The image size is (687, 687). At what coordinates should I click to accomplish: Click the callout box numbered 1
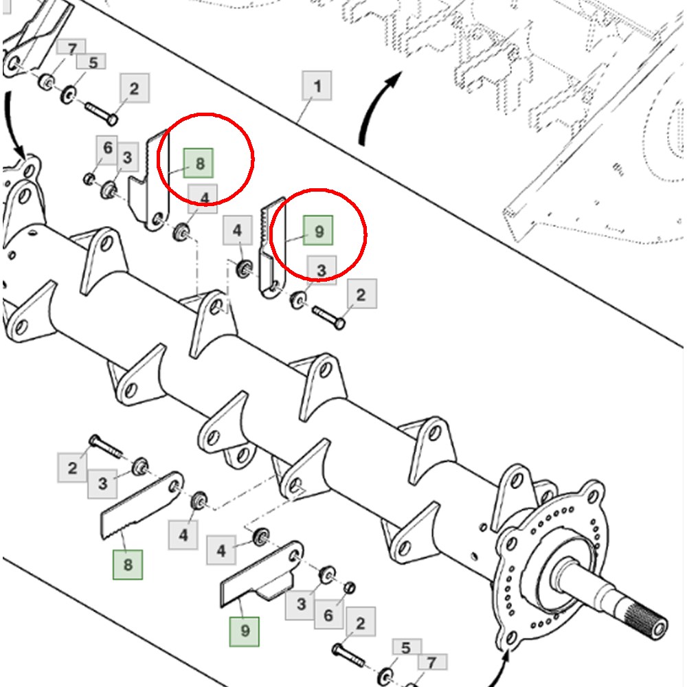coord(317,85)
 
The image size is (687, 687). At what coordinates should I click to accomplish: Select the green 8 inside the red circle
coord(199,163)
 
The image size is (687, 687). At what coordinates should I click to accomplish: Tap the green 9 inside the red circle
coord(318,230)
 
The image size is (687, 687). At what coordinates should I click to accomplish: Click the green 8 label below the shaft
coord(128,564)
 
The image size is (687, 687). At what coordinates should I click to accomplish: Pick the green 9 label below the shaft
coord(245,631)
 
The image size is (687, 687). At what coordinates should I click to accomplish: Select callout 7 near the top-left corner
coord(71,47)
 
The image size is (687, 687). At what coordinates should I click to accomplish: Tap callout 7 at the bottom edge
coord(431,662)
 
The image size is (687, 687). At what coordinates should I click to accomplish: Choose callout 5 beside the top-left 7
coord(91,62)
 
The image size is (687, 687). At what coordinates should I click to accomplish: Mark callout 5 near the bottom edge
coord(406,648)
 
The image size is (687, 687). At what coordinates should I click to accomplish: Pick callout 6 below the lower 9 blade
coord(328,615)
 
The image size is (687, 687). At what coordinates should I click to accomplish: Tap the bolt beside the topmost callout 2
coord(101,113)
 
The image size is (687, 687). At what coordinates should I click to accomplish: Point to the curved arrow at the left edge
coord(13,125)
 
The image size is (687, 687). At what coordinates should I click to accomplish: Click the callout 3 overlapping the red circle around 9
coord(322,270)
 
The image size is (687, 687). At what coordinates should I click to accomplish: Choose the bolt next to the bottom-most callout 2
coord(348,655)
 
